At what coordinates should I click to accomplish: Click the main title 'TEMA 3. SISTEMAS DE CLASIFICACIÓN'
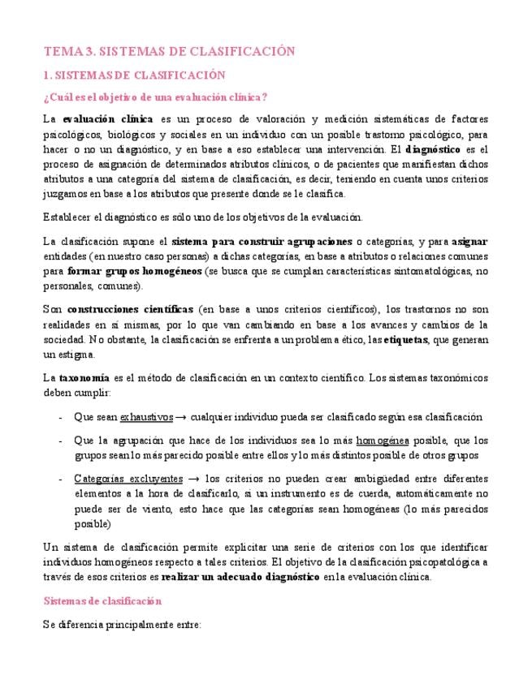tap(168, 51)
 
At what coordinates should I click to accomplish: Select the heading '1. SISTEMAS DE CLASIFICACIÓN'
tap(133, 75)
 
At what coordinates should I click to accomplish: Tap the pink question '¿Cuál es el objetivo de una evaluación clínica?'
tap(155, 98)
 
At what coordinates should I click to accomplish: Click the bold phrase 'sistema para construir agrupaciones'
tap(262, 242)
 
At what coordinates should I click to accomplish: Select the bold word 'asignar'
tap(469, 242)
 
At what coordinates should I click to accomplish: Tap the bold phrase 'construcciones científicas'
tap(130, 310)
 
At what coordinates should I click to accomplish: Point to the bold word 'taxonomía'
tap(85, 378)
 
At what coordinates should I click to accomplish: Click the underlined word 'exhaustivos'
tap(146, 417)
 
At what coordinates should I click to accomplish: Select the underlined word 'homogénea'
tap(383, 441)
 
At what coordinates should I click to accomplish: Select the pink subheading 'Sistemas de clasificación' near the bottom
tap(102, 601)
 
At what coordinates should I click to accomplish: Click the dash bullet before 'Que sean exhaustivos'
tap(62, 417)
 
